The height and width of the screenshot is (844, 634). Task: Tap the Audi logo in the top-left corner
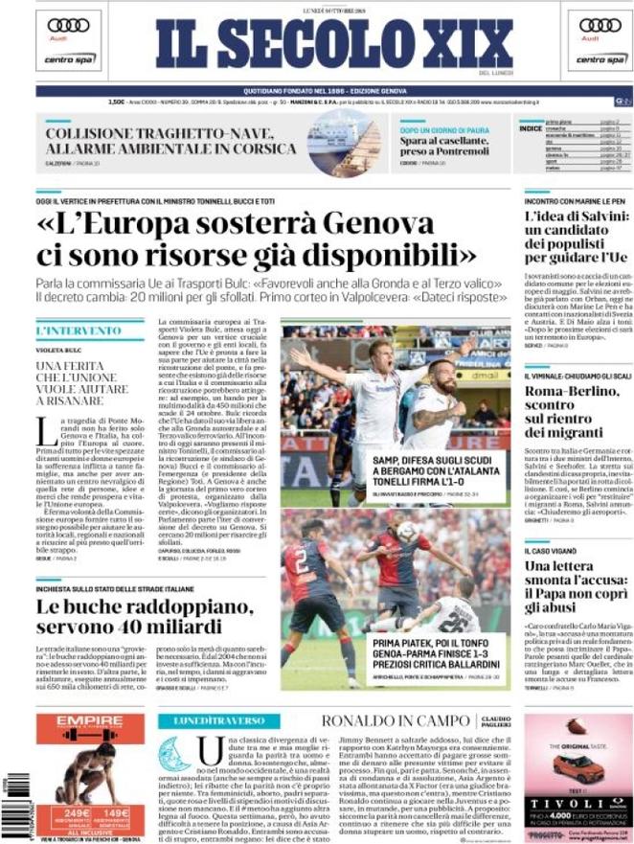coord(68,26)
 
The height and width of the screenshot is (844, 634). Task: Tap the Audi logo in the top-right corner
coord(600,26)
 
